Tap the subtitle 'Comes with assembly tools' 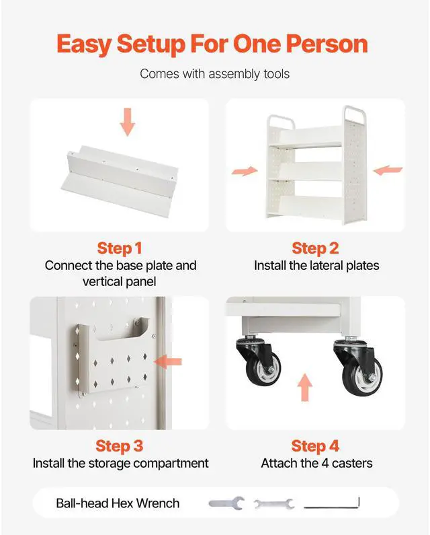click(214, 74)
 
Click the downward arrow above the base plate click(128, 122)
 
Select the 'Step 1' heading click(119, 248)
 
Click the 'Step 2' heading click(315, 248)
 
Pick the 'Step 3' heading click(119, 446)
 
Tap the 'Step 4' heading click(315, 446)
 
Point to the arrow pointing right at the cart click(245, 171)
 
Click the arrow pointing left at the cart click(388, 170)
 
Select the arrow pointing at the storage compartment click(168, 361)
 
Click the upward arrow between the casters click(304, 387)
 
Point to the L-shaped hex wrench click(331, 503)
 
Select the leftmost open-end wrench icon click(226, 503)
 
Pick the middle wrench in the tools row click(274, 504)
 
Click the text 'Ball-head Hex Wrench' click(118, 503)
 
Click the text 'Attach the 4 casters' click(316, 464)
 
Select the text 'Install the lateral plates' click(316, 265)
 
